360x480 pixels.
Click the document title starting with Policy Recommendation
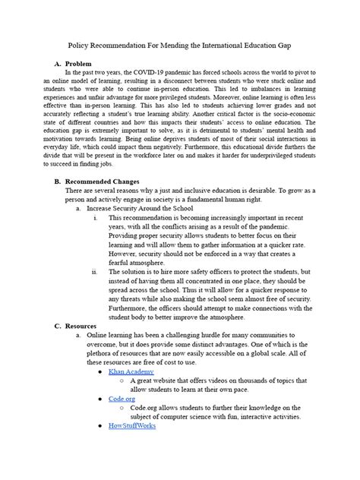[x=180, y=46]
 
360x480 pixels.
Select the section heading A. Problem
[x=70, y=63]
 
